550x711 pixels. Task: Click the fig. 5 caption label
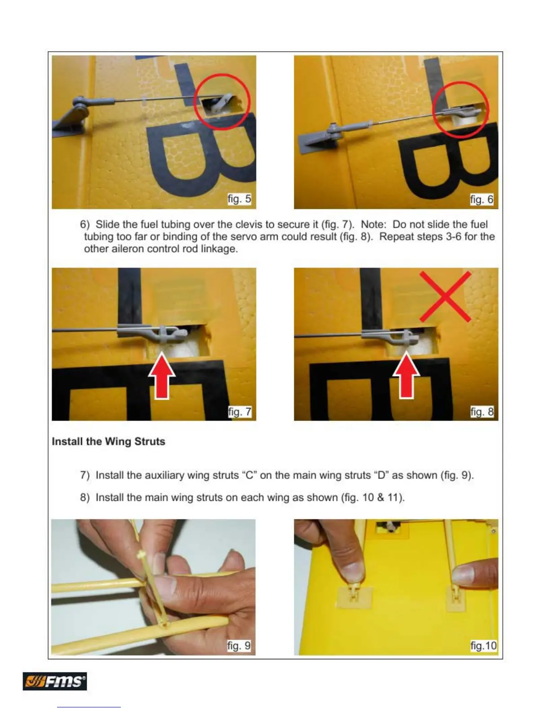[240, 199]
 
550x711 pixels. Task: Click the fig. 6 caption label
[482, 199]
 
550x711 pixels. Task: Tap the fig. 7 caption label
[240, 412]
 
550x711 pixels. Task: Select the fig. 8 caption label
[482, 412]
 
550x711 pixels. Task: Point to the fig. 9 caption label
[239, 645]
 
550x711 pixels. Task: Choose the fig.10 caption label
[483, 645]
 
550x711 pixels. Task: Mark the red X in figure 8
[445, 296]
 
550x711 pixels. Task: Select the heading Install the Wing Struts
[108, 441]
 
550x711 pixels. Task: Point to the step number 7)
[85, 475]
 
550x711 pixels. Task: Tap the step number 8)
[85, 498]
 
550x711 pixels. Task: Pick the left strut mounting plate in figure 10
[355, 597]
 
